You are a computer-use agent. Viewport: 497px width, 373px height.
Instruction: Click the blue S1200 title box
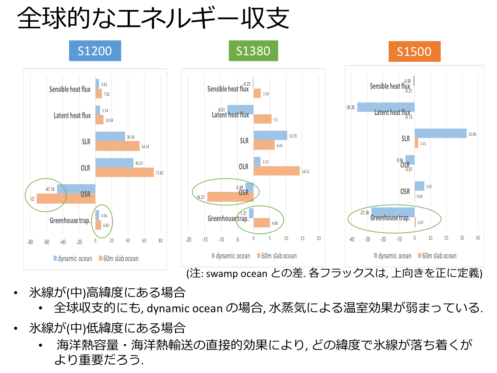click(95, 51)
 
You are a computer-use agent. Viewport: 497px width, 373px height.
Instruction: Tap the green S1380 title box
click(253, 51)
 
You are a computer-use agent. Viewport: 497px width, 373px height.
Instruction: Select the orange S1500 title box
click(414, 51)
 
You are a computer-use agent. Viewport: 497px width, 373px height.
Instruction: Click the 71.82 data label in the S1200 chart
click(159, 173)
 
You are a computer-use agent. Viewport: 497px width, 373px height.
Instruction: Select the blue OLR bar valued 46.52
click(114, 163)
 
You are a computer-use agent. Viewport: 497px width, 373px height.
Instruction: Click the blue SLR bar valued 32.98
click(440, 133)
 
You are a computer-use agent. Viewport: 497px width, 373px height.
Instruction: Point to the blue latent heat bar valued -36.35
click(386, 107)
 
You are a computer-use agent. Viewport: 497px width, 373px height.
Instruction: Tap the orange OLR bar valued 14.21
click(276, 171)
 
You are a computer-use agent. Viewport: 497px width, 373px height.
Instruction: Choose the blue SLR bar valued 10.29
click(270, 135)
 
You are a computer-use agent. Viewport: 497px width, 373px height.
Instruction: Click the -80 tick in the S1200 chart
click(30, 242)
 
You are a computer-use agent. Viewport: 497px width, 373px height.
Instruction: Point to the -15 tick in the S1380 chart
click(205, 239)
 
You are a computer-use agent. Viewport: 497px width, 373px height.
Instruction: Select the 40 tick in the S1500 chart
click(478, 238)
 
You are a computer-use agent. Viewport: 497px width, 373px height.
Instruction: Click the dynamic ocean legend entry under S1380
click(231, 256)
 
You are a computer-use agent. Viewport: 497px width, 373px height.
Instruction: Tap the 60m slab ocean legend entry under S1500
click(437, 256)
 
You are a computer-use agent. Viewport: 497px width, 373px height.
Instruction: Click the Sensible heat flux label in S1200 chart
click(70, 89)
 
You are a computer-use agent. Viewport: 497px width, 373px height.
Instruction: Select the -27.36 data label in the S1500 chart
click(364, 213)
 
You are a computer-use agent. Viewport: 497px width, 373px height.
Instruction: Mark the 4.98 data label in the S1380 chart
click(275, 223)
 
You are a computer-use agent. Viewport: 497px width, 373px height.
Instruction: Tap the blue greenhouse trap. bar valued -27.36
click(393, 212)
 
